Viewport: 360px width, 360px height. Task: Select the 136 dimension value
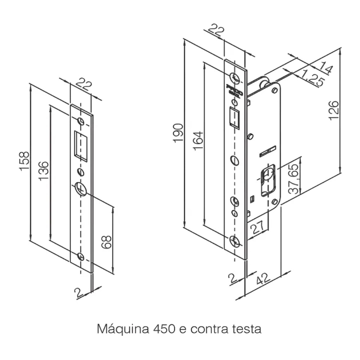point(43,171)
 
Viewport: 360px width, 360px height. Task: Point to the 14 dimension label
point(326,67)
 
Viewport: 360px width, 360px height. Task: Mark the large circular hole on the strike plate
point(81,189)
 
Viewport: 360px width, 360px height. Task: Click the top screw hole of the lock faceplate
point(235,77)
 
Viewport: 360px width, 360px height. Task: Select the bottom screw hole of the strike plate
point(81,256)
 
